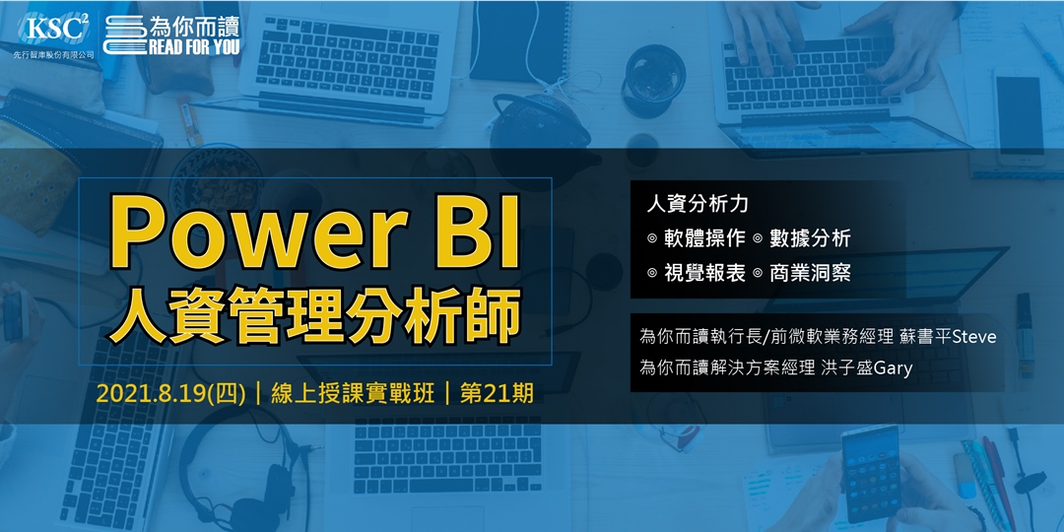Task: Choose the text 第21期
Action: click(x=498, y=393)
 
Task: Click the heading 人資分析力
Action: click(x=698, y=204)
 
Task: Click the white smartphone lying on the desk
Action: click(x=1019, y=113)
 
